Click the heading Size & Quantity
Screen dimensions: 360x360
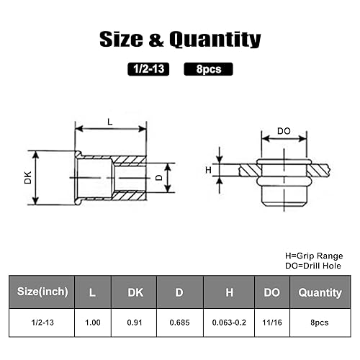(x=180, y=39)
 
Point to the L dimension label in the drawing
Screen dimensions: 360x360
(x=110, y=122)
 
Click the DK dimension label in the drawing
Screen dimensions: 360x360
(x=28, y=177)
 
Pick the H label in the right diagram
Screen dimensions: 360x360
(x=208, y=170)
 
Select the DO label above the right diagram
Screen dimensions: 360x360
(x=284, y=132)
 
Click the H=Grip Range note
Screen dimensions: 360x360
(x=314, y=256)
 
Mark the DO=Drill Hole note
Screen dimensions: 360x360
(x=314, y=266)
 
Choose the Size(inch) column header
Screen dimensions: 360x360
(x=44, y=292)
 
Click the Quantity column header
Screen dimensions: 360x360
(x=320, y=292)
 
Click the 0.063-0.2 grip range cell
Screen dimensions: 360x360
(x=229, y=323)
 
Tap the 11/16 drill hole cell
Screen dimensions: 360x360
(x=272, y=323)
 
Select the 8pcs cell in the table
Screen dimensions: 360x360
(x=320, y=323)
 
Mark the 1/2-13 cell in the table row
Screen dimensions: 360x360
(x=43, y=323)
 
